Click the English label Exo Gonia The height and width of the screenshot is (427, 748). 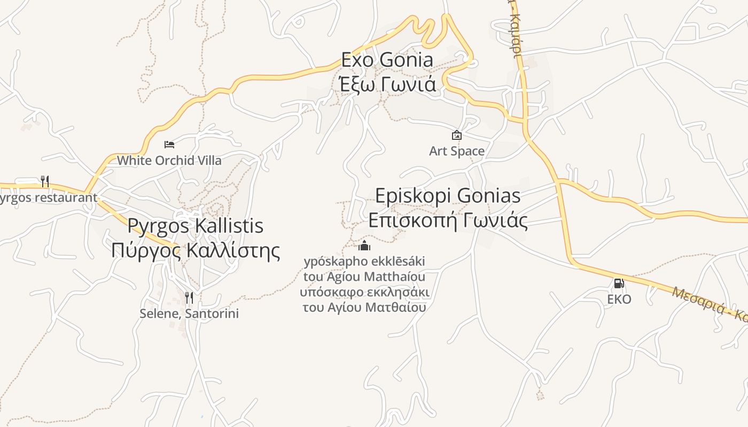(387, 60)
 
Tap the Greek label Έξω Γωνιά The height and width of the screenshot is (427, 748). (387, 84)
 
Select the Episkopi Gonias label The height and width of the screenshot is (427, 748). (448, 196)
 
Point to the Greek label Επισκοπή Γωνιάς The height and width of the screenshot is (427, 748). (448, 220)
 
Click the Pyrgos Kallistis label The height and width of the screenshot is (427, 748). (195, 226)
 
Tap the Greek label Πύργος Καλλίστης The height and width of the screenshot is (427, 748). (195, 250)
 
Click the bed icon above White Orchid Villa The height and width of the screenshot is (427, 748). (169, 144)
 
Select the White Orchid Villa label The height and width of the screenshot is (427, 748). (169, 160)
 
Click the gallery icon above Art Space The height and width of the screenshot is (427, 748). (457, 135)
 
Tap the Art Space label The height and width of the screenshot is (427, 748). (457, 151)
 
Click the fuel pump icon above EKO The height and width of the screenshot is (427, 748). (619, 283)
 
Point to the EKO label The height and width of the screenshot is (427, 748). (619, 299)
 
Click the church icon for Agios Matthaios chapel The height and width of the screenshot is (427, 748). (364, 246)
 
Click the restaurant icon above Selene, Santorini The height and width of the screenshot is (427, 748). (189, 297)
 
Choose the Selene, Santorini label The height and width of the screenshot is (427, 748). (189, 313)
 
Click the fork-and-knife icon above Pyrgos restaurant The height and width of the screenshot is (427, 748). (45, 181)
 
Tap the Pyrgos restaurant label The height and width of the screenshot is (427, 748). (48, 197)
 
